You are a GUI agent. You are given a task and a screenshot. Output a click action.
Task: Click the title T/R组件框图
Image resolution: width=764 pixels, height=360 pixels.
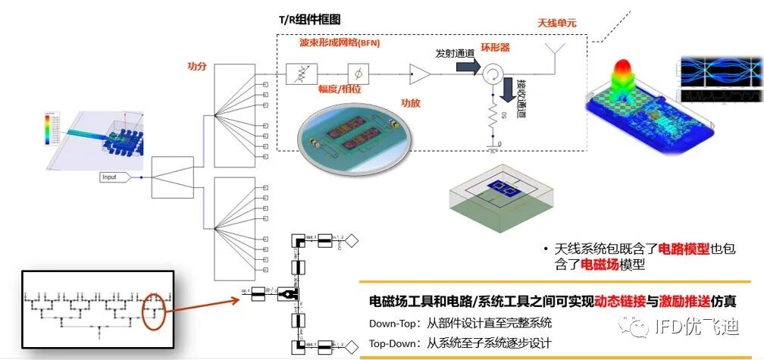coord(309,18)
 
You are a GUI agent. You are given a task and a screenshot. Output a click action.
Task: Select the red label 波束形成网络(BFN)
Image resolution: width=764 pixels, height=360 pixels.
coord(339,43)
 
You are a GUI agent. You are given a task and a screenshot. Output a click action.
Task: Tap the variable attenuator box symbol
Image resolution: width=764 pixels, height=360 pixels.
coord(296,74)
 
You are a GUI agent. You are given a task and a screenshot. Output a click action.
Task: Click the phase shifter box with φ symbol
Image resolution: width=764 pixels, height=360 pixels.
coord(357,74)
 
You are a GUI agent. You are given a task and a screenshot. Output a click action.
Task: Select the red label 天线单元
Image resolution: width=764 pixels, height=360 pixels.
coord(557,23)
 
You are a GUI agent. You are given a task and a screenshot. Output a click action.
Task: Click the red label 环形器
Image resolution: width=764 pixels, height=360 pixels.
coord(496,47)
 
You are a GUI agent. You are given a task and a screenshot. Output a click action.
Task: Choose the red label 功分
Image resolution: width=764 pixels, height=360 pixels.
coord(197,66)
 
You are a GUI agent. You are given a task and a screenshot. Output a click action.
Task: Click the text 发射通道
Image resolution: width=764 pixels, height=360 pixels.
coord(455,54)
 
